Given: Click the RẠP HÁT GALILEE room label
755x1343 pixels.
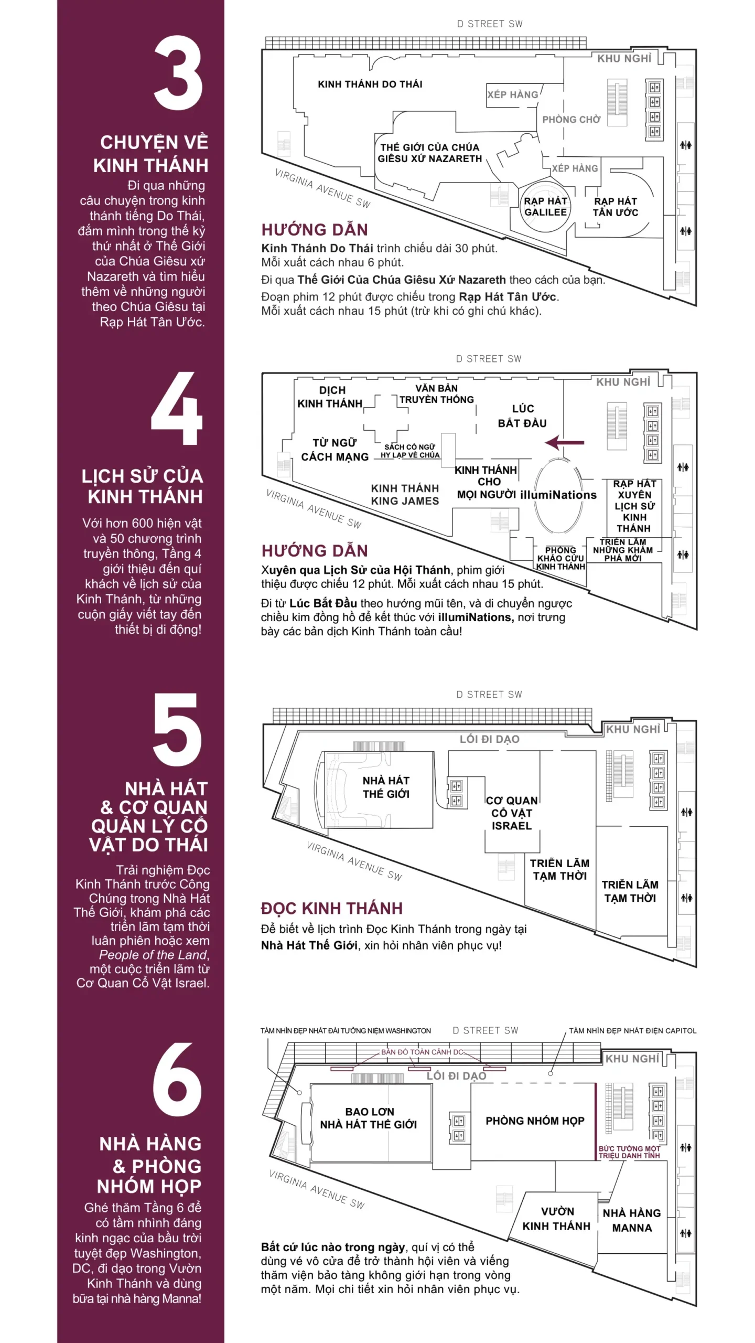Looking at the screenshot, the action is coord(545,207).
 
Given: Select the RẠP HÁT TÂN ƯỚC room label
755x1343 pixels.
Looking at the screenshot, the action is coord(616,207).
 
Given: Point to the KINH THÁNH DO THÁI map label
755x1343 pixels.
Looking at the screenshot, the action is coord(370,84).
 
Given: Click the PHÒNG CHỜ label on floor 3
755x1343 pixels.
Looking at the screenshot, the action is coord(571,120).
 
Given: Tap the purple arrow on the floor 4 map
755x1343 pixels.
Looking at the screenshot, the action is coord(564,443).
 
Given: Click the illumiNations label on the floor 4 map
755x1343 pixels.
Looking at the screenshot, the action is coord(558,495).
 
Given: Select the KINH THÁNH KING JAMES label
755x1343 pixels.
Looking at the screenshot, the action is coord(405,495).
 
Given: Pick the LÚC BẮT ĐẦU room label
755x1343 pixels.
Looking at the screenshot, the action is coord(522,416).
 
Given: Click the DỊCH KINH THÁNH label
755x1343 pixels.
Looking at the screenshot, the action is coord(330,397).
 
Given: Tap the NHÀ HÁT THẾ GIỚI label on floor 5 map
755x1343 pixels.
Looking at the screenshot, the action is coord(386,787).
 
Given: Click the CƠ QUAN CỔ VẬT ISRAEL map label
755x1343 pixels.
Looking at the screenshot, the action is coord(512,813).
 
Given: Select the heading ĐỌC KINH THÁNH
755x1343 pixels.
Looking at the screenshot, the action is coord(332,908).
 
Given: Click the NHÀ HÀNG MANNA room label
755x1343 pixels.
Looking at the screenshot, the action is coord(632,1220).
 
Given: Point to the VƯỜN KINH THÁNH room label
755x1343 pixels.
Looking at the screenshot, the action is coord(556,1219).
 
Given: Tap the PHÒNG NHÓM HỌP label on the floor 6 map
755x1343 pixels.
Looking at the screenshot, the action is coord(535,1121).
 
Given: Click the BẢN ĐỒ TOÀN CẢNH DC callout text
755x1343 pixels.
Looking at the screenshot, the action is coord(423,1052).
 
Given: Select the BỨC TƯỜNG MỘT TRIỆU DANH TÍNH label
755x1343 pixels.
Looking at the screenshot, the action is coord(629,1152).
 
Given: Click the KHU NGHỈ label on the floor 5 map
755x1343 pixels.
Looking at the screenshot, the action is coord(633,729).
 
